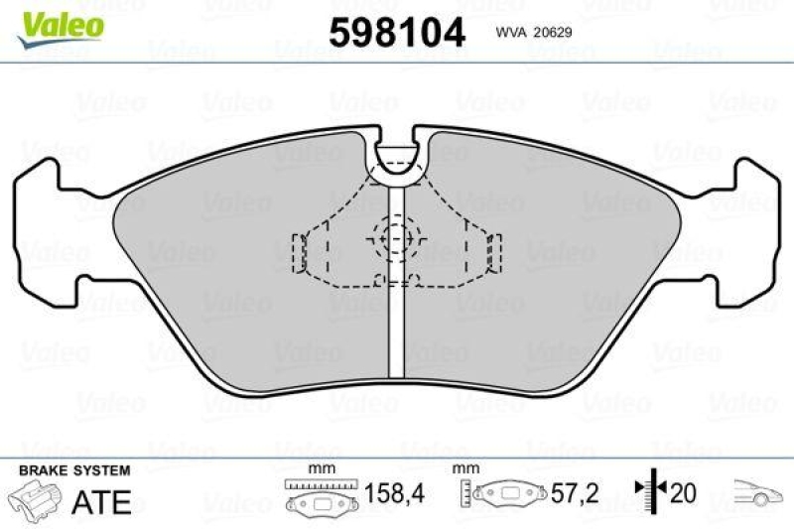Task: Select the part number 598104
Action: (x=396, y=33)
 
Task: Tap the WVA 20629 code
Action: (x=531, y=31)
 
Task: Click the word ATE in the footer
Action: (x=102, y=501)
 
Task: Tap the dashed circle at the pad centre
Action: (x=396, y=238)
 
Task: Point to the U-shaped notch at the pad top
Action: (x=396, y=163)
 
